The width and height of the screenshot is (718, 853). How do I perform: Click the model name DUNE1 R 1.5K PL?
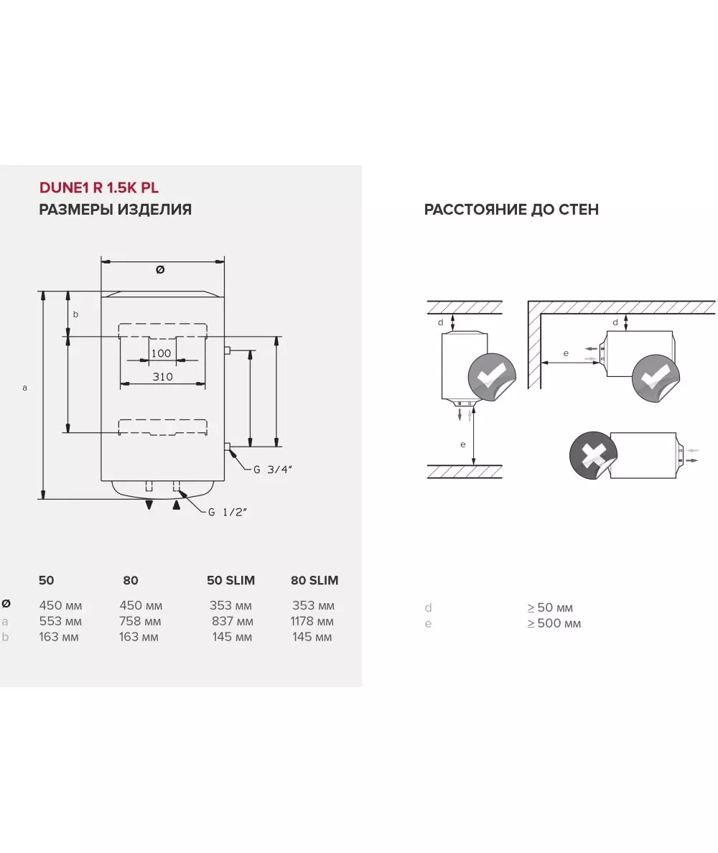click(x=98, y=188)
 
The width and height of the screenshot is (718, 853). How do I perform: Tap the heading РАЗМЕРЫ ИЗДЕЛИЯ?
click(x=115, y=210)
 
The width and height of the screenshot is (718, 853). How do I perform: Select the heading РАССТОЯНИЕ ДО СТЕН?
click(x=511, y=210)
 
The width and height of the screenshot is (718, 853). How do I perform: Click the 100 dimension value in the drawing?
click(x=162, y=353)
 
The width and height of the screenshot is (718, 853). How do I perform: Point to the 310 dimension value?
click(x=162, y=377)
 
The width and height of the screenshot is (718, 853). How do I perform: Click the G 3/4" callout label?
click(x=273, y=470)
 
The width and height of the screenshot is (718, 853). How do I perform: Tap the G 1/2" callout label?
click(x=228, y=512)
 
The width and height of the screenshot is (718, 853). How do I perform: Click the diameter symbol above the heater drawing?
click(x=160, y=270)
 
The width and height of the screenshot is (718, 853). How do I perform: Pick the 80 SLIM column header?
click(x=314, y=580)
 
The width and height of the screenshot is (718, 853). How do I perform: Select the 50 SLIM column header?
click(x=230, y=580)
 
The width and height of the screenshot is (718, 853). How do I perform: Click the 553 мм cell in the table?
click(x=60, y=621)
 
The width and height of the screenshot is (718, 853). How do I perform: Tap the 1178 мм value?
click(x=312, y=621)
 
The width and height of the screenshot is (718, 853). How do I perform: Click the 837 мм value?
click(x=232, y=621)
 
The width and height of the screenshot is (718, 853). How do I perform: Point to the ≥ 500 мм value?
click(x=554, y=623)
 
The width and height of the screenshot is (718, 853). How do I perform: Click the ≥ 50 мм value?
click(x=550, y=607)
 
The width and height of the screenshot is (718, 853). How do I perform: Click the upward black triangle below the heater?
click(x=177, y=505)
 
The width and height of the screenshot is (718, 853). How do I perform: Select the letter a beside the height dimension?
click(x=24, y=388)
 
